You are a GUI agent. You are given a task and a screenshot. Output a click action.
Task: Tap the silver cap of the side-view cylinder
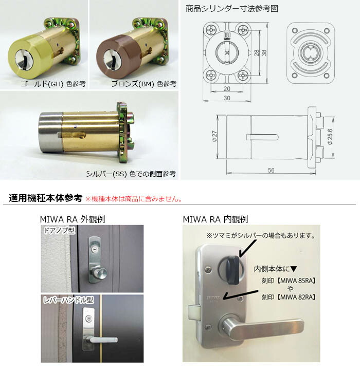click(x=50, y=132)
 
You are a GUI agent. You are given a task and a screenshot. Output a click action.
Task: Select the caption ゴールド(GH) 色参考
click(x=53, y=84)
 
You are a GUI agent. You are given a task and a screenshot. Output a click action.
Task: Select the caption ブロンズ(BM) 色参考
click(x=144, y=84)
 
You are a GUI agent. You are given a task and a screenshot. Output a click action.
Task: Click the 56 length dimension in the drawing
click(x=271, y=171)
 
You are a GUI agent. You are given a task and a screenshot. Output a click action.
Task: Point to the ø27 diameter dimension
click(x=214, y=136)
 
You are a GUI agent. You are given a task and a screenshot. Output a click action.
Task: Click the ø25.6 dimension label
click(x=330, y=137)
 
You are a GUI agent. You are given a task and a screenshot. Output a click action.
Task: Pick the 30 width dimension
click(x=227, y=98)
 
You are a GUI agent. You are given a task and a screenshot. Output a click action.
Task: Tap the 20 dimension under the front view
click(x=227, y=89)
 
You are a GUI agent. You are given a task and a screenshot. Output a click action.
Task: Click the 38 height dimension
click(x=264, y=53)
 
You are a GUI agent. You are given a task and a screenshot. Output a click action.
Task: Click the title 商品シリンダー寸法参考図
click(x=231, y=9)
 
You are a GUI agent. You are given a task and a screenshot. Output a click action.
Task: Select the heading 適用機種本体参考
click(x=45, y=198)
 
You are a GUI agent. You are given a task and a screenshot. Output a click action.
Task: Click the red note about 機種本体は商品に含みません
click(x=133, y=199)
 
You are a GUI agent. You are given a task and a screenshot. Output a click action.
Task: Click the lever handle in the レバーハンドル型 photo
click(x=103, y=340)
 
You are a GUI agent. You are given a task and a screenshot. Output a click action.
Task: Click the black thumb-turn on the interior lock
click(x=232, y=270)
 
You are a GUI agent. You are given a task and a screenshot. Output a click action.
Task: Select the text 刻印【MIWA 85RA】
click(x=289, y=281)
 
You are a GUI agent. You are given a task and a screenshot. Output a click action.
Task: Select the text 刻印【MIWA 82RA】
click(x=289, y=297)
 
